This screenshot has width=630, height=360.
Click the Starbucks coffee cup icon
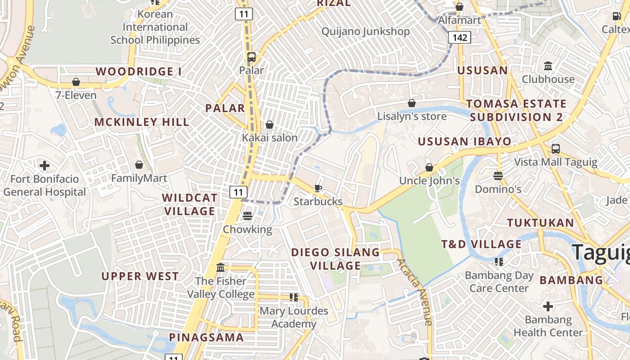318,188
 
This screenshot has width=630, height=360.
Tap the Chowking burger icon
247,216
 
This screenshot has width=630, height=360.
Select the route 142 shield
459,37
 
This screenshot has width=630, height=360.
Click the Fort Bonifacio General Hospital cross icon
45,166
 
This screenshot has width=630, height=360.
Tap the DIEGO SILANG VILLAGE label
335,259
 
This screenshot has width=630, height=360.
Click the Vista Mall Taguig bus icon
556,148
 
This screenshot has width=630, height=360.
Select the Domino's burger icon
498,175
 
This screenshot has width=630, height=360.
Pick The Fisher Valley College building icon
220,268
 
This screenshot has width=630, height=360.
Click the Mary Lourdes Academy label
294,317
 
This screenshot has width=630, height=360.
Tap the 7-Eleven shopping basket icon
76,82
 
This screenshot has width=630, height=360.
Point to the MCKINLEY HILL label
142,122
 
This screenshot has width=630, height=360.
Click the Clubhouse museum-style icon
548,66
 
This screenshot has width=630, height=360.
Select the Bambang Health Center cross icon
548,307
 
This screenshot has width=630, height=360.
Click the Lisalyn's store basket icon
411,103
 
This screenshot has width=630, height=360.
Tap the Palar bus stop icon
252,57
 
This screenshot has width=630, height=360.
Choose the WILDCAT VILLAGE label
189,204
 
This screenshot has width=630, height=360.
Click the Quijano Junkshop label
365,31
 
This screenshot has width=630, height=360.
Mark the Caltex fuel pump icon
616,16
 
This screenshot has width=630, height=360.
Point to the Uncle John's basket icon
429,167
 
